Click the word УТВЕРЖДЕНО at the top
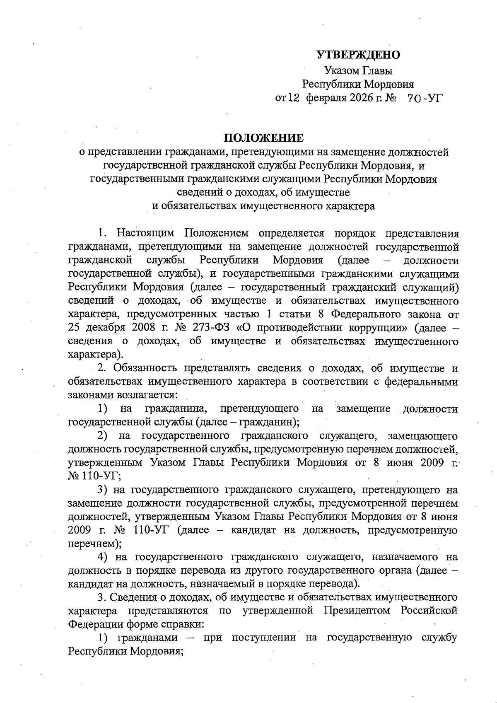pos(358,55)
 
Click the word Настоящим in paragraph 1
pos(145,233)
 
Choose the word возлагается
pos(150,395)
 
